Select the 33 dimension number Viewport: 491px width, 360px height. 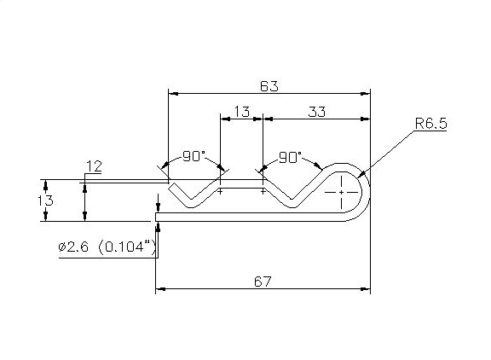click(318, 112)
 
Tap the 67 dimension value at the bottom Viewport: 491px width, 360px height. click(263, 282)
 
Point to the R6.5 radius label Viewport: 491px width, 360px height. click(431, 124)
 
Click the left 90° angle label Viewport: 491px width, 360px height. click(194, 156)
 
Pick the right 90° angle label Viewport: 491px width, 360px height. click(291, 157)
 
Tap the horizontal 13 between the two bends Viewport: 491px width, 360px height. click(241, 112)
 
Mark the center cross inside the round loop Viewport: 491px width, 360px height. click(342, 193)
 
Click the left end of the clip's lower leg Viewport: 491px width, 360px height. click(157, 219)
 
